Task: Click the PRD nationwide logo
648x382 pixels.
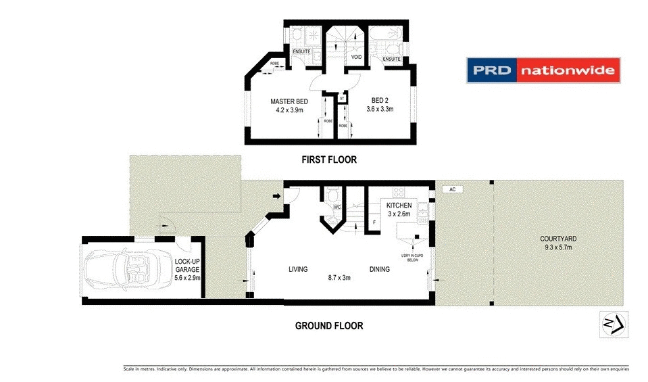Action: click(543, 70)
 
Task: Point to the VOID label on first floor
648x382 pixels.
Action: click(356, 57)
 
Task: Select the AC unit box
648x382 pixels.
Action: click(451, 190)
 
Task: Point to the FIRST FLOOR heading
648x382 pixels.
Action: click(329, 160)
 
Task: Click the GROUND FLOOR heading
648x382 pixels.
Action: click(329, 326)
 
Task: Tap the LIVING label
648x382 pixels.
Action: click(298, 269)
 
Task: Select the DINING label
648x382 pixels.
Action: click(379, 269)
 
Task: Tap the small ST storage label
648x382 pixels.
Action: click(343, 99)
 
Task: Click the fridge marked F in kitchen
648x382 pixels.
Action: click(374, 222)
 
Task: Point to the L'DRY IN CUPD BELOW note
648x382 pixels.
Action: click(411, 258)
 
